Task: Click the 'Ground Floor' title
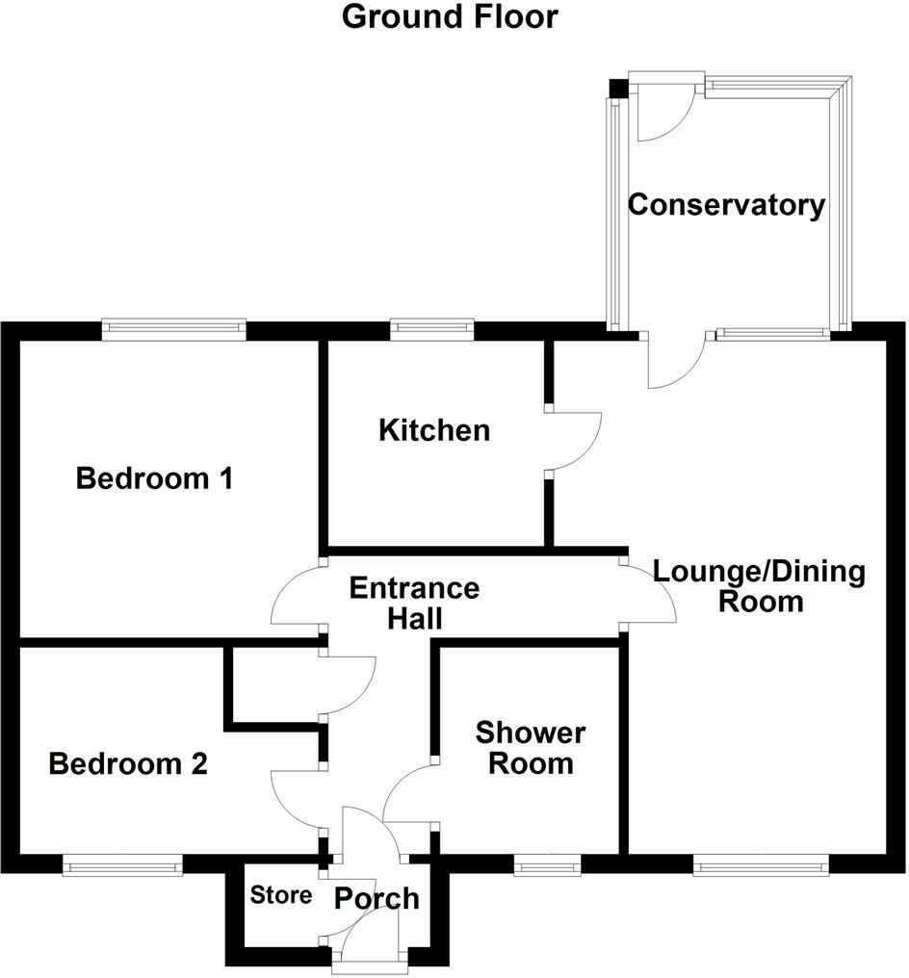450,16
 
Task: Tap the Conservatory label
726,205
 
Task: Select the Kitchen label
433,429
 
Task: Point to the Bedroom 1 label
154,477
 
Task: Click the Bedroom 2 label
128,764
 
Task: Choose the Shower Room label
530,748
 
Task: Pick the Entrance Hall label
414,602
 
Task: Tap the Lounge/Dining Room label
759,586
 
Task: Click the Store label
281,895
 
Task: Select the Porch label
377,898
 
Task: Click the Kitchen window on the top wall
432,330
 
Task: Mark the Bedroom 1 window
174,330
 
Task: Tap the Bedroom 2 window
122,866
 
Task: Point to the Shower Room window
547,866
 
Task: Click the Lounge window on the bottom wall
761,866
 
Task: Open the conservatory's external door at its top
662,111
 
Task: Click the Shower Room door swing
409,792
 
